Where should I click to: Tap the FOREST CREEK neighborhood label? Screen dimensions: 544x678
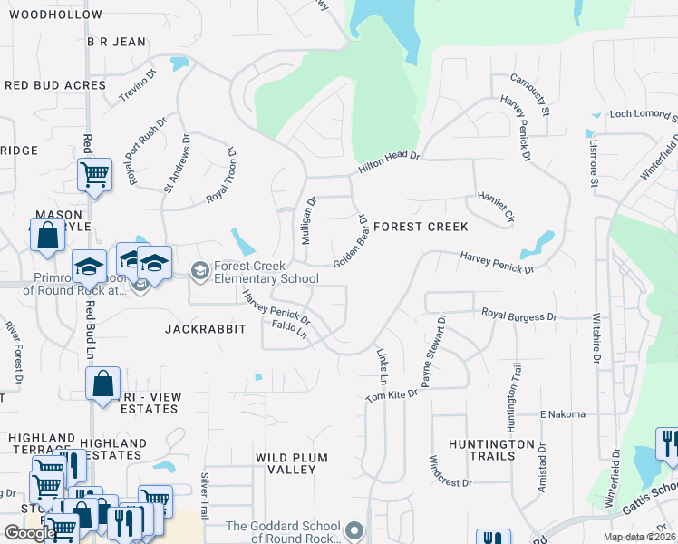point(421,227)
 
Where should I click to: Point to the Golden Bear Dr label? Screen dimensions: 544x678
point(349,241)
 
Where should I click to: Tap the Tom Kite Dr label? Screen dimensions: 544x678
point(392,394)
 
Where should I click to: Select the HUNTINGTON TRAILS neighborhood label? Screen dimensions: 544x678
point(491,451)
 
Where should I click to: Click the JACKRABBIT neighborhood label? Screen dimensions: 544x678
point(206,329)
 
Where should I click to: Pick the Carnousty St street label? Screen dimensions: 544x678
point(530,95)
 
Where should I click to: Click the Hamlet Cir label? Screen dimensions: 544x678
point(496,208)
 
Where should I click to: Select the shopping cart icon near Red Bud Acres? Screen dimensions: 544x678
point(94,173)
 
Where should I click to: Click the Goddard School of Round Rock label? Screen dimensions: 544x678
point(284,532)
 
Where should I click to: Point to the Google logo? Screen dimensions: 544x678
point(31,533)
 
